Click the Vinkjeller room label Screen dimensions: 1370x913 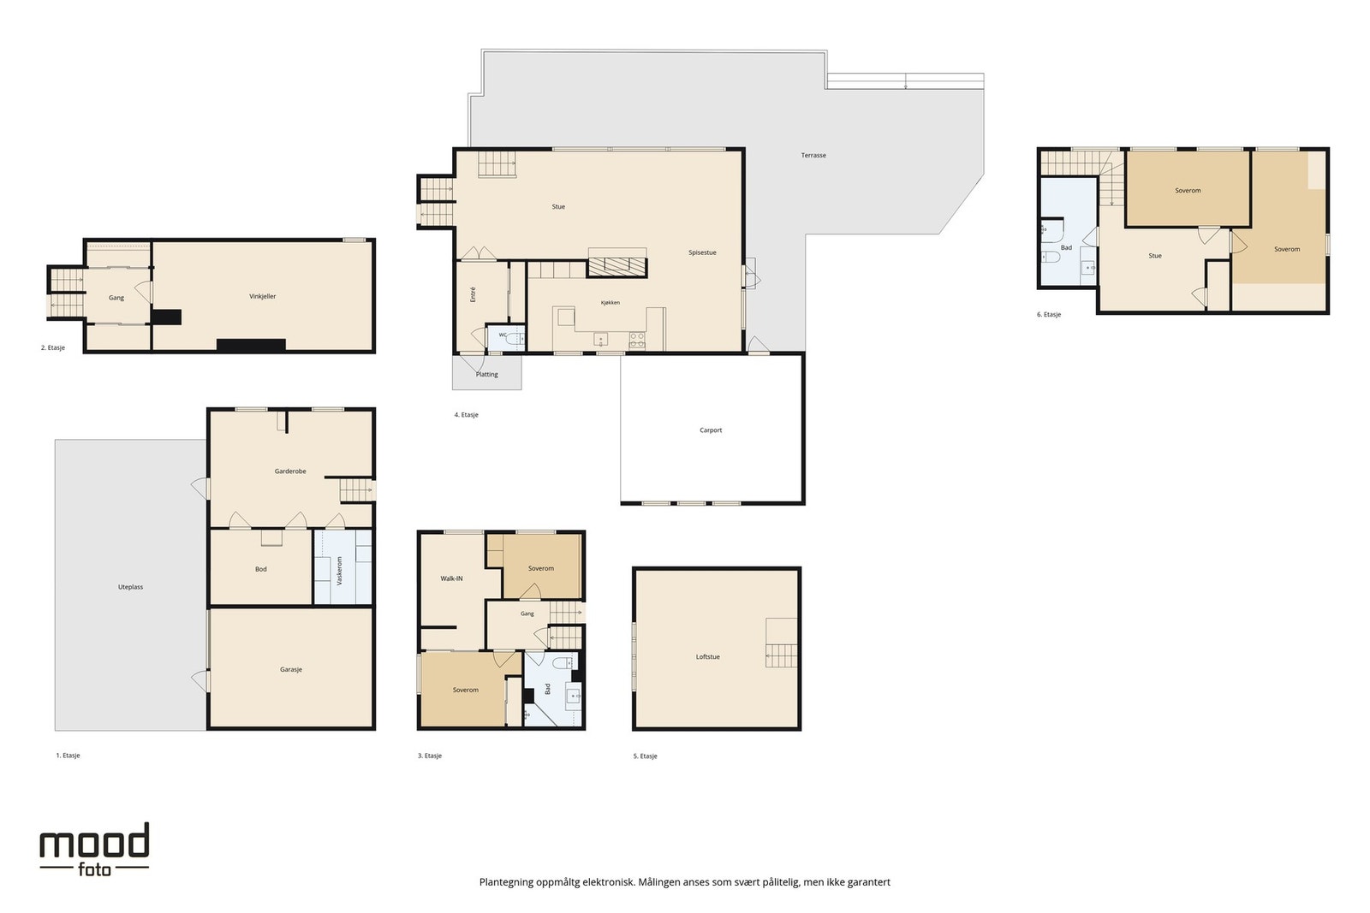pyautogui.click(x=262, y=296)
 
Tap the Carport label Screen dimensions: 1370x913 pyautogui.click(x=711, y=430)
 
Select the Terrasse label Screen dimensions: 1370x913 pyautogui.click(x=813, y=155)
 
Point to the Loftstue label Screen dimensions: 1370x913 pyautogui.click(x=707, y=657)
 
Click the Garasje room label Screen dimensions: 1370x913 pyautogui.click(x=291, y=670)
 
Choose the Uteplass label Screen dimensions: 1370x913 pyautogui.click(x=130, y=587)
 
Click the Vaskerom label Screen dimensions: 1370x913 pyautogui.click(x=340, y=571)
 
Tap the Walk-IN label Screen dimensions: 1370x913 pyautogui.click(x=451, y=578)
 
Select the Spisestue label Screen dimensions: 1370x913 pyautogui.click(x=702, y=252)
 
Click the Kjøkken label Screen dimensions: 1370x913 pyautogui.click(x=611, y=303)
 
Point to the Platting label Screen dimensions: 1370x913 pyautogui.click(x=487, y=375)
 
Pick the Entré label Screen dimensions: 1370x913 pyautogui.click(x=473, y=294)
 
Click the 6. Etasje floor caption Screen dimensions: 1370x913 pyautogui.click(x=1049, y=315)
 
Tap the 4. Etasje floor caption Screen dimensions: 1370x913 pyautogui.click(x=466, y=415)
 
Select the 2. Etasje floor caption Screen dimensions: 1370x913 pyautogui.click(x=52, y=347)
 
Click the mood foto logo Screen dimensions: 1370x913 pyautogui.click(x=94, y=850)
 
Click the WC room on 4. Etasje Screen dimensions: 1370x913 pyautogui.click(x=506, y=338)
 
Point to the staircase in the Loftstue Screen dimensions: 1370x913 pyautogui.click(x=782, y=643)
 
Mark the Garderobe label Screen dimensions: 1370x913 pyautogui.click(x=290, y=471)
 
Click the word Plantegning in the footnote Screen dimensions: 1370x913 pyautogui.click(x=506, y=882)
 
